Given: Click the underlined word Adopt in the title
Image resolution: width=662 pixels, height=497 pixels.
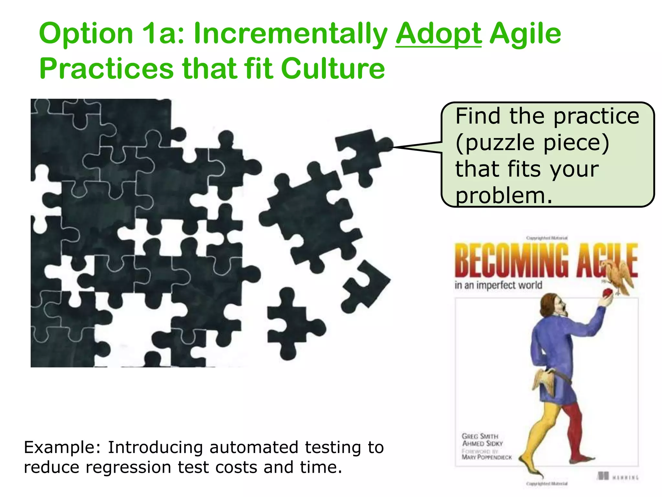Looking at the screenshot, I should coord(438,34).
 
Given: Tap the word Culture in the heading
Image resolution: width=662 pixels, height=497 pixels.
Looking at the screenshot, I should coord(333,69).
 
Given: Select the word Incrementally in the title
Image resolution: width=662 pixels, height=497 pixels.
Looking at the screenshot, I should coord(290,34).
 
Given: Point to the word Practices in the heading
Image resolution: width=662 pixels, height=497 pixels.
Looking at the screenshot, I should coord(106,69).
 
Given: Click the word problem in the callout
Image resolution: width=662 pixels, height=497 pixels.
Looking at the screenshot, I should coord(503,196).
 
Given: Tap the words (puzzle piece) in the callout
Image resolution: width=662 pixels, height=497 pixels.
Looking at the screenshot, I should coord(532,143).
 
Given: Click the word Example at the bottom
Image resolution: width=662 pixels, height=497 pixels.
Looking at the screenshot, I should coord(63,447).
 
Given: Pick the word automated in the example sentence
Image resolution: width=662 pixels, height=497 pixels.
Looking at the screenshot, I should coord(253,447).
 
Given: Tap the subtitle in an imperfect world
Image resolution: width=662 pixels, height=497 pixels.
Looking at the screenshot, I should coord(498,285).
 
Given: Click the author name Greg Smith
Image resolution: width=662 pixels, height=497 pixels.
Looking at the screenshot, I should coord(480,436).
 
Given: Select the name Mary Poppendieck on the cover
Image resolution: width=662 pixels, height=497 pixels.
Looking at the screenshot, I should coord(486,457).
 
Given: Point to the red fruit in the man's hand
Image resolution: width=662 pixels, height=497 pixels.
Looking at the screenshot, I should coord(607,293).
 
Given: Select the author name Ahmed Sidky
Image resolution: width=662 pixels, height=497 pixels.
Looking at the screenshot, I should coord(482,443).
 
